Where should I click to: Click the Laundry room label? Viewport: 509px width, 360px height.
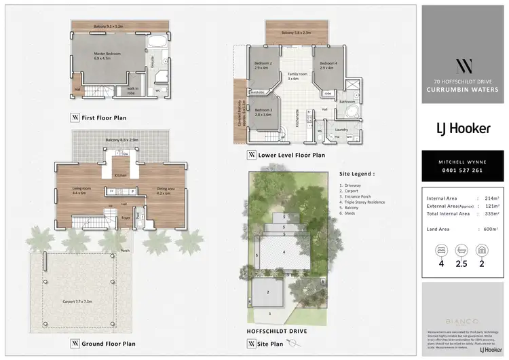341,128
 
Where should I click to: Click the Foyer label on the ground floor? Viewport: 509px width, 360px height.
126,217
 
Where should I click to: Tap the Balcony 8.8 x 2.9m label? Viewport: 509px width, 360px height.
121,140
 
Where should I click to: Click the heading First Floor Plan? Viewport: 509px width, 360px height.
103,118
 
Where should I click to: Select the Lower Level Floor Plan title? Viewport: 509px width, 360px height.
291,155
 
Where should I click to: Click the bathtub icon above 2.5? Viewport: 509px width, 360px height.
461,249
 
